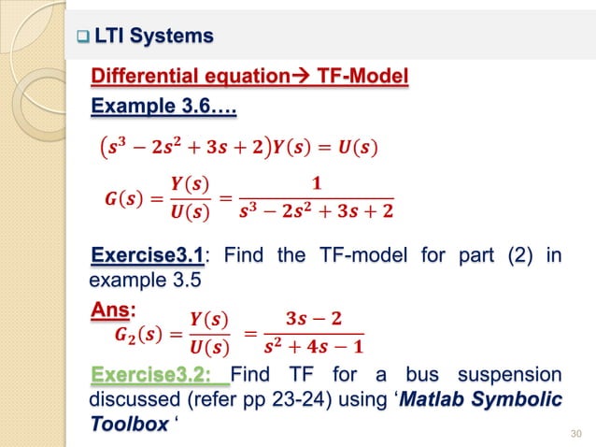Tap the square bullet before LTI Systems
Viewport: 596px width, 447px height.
(x=81, y=37)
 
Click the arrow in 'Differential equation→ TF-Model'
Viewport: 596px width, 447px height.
(x=301, y=76)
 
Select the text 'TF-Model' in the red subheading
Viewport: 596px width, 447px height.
(x=361, y=76)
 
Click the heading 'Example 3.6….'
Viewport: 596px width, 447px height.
(x=163, y=110)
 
